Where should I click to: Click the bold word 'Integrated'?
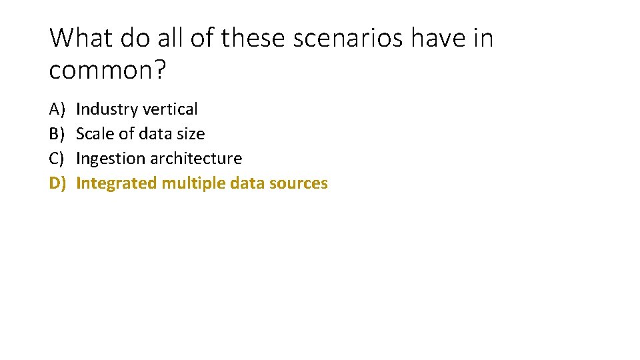[117, 183]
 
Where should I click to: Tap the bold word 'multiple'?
[189, 183]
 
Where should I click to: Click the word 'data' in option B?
[156, 134]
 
